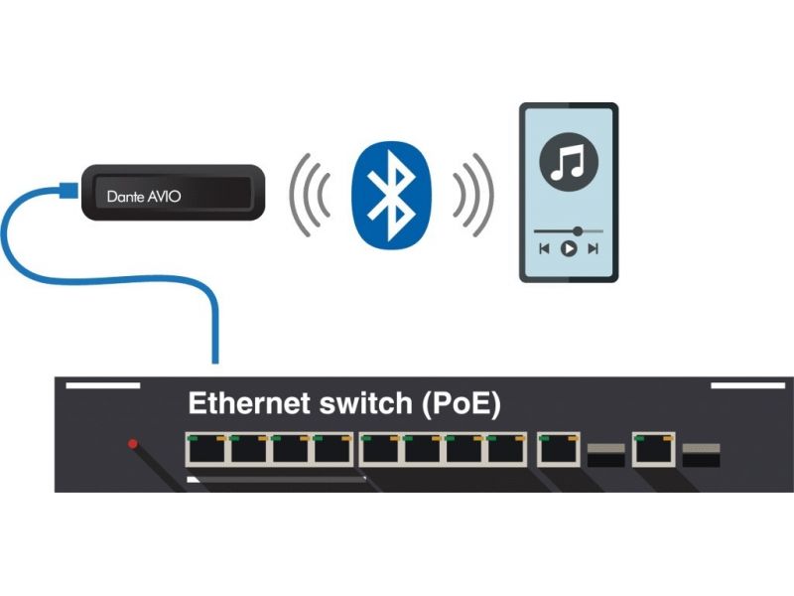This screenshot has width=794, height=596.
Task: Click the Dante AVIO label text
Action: pyautogui.click(x=144, y=197)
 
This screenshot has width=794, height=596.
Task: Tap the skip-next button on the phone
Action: pyautogui.click(x=594, y=248)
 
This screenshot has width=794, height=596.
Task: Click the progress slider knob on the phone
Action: pyautogui.click(x=579, y=230)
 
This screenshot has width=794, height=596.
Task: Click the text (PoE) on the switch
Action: pyautogui.click(x=461, y=405)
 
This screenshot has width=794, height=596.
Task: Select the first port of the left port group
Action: pyautogui.click(x=206, y=451)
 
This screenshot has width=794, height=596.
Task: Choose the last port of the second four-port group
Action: pyautogui.click(x=506, y=451)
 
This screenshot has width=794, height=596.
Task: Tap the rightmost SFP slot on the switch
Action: pyautogui.click(x=702, y=455)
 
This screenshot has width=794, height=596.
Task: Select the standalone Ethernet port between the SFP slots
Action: pyautogui.click(x=654, y=451)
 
